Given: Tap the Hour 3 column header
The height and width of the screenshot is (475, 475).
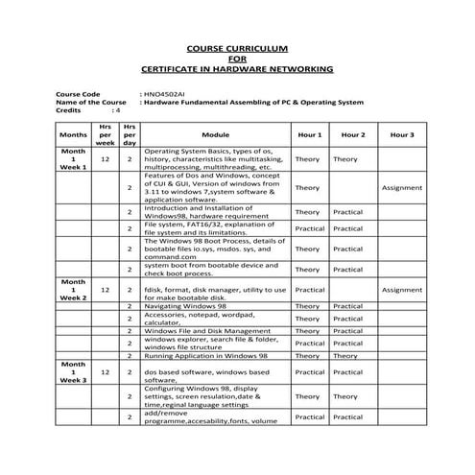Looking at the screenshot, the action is [x=402, y=135].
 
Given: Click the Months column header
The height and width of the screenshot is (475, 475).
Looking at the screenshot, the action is [x=72, y=135].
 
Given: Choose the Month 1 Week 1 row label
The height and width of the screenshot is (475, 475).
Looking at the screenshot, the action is [x=72, y=158].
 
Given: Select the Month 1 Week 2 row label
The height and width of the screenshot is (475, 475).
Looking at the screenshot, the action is [x=72, y=289].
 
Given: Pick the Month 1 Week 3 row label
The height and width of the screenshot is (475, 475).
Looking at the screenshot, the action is [x=72, y=372].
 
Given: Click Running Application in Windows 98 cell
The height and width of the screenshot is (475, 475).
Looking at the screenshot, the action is [x=205, y=355].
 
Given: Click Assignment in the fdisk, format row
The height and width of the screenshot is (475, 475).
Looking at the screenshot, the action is [x=402, y=289].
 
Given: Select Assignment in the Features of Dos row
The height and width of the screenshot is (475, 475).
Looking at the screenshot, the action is [x=402, y=188].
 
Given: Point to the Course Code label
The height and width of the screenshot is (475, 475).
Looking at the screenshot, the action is [x=79, y=95].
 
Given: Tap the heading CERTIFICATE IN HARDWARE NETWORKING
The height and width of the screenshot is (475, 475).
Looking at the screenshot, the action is [x=237, y=70].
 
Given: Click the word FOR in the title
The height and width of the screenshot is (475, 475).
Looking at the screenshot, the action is [x=237, y=59].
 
